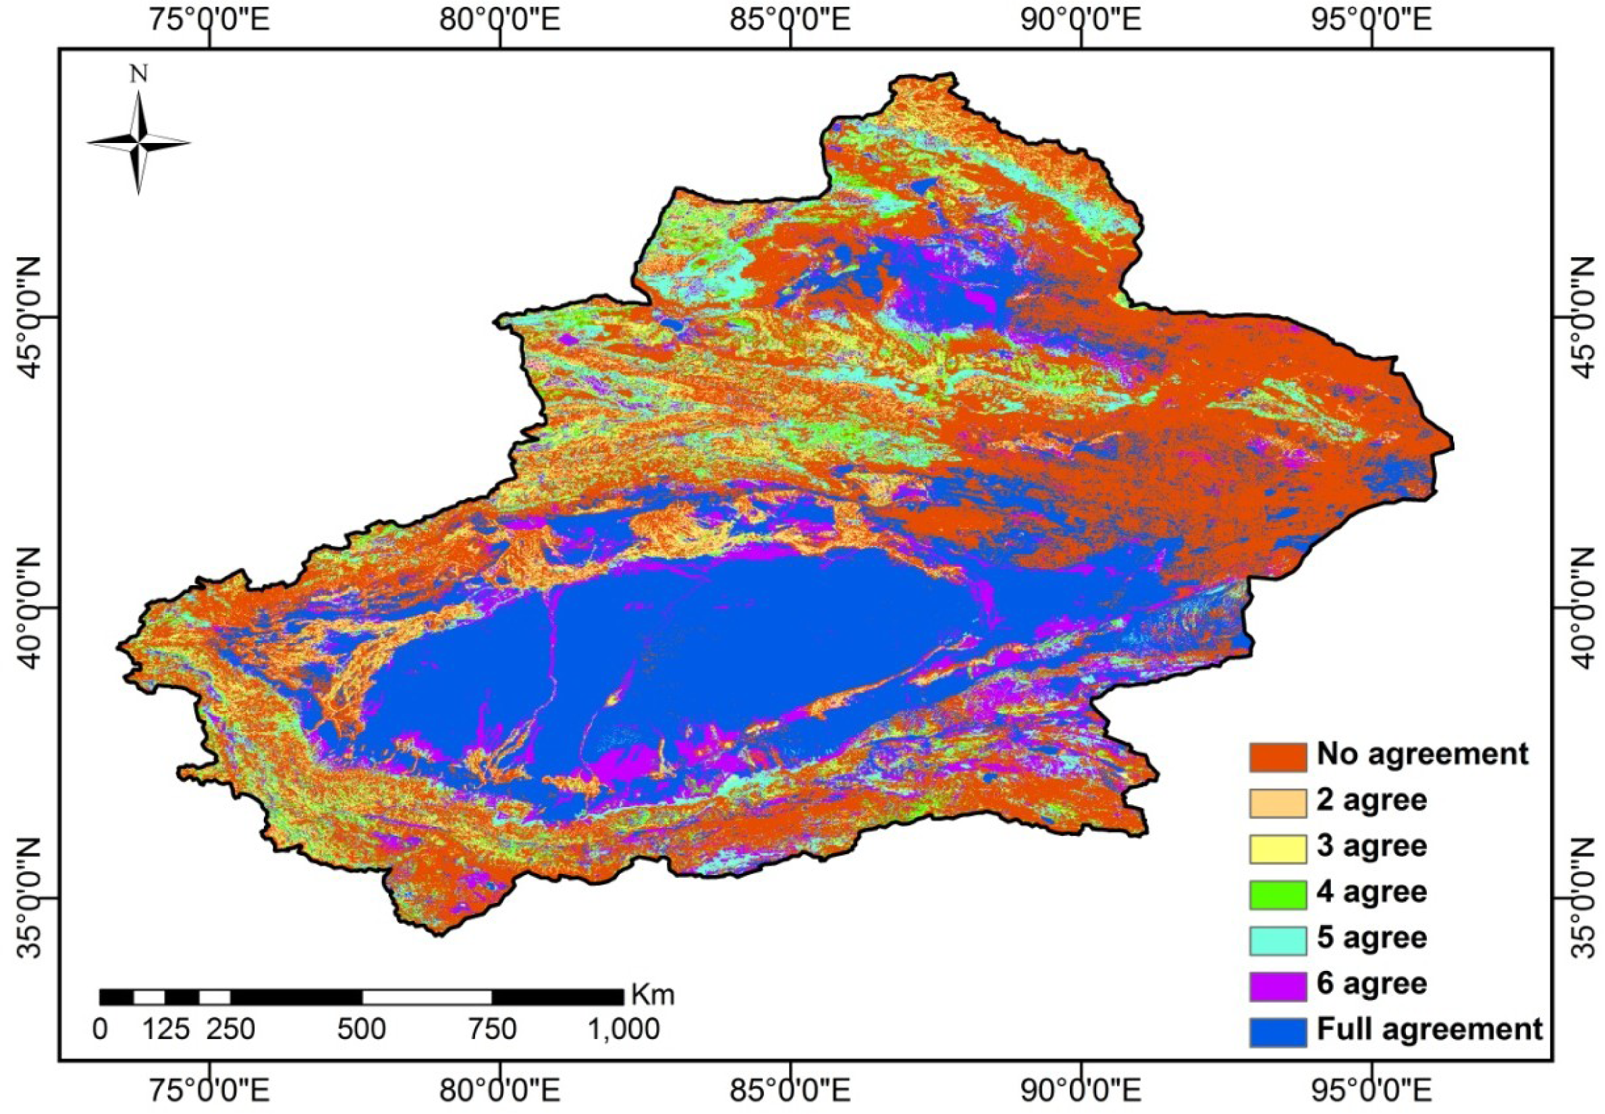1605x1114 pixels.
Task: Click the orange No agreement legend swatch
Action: tap(1277, 756)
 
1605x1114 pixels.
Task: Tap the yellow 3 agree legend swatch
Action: tap(1277, 847)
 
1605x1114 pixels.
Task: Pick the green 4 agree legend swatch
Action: tap(1277, 893)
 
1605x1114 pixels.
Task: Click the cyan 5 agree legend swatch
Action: tap(1277, 939)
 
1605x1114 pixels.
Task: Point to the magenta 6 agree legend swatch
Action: tap(1277, 985)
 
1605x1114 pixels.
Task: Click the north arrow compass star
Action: tap(139, 142)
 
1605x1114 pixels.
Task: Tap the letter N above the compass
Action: tap(139, 74)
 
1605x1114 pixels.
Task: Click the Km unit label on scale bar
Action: tap(653, 994)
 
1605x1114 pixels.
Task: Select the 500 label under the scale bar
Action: tap(362, 1030)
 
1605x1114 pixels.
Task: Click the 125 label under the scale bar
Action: tap(166, 1030)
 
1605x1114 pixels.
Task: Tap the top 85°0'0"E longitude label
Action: tap(790, 19)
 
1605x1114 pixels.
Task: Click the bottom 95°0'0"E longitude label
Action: tap(1373, 1094)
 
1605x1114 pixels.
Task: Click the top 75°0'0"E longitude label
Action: tap(209, 19)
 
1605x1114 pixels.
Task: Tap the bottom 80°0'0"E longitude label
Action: tap(500, 1094)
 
